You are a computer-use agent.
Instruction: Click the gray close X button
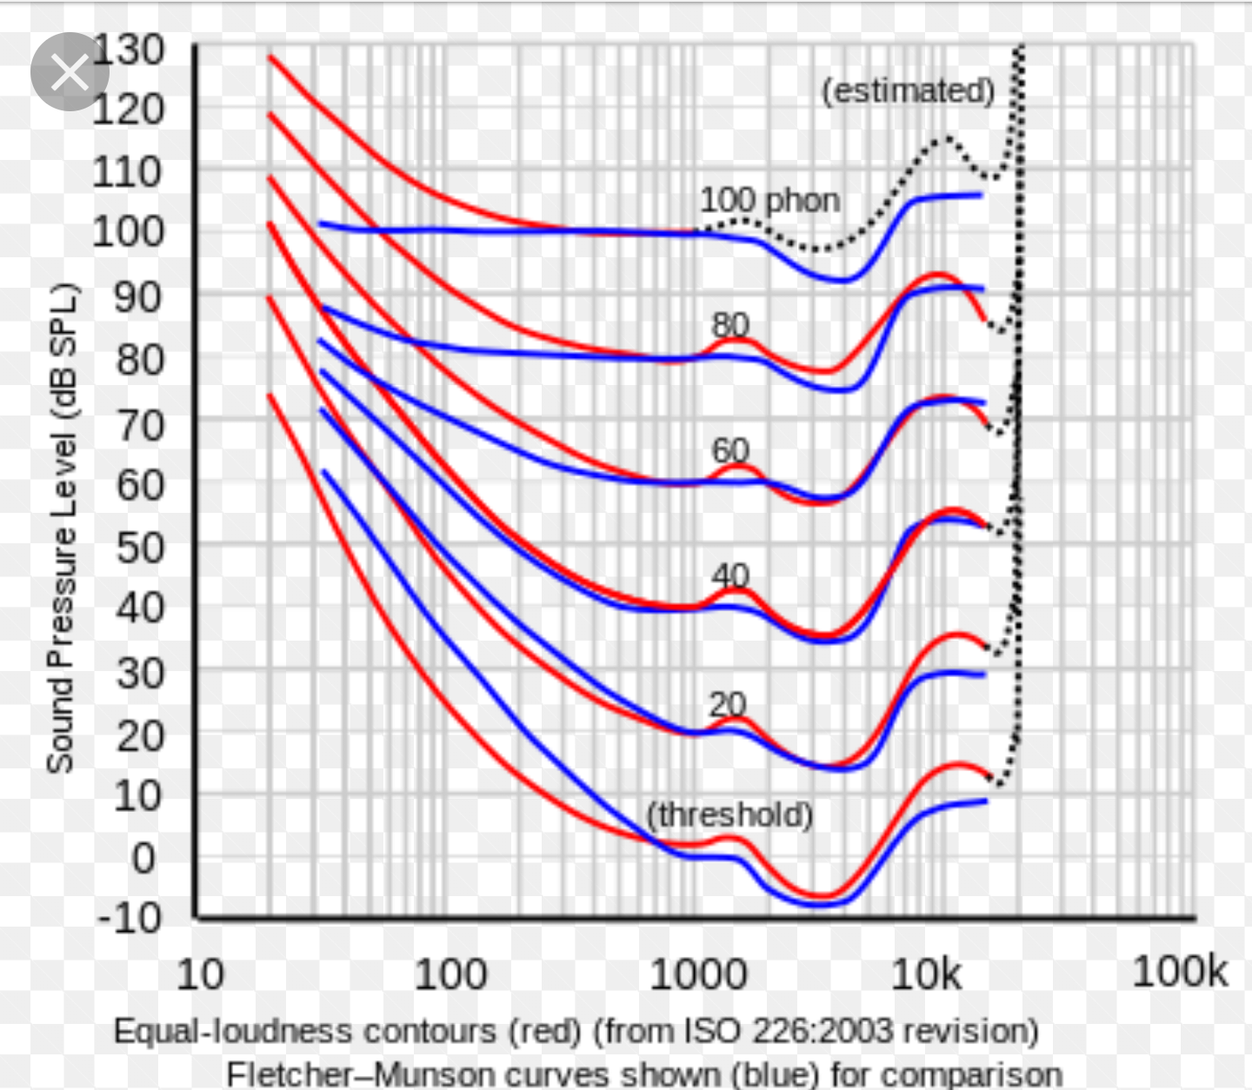tap(70, 72)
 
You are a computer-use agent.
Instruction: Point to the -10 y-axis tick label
tap(130, 918)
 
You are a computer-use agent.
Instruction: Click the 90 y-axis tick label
tap(139, 297)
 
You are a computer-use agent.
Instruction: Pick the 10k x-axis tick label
tap(927, 974)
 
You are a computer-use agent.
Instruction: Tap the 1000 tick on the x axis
tap(698, 974)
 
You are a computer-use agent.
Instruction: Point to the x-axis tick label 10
tap(200, 974)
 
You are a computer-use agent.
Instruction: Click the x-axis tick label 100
tap(450, 974)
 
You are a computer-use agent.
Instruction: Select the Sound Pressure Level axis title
tap(62, 528)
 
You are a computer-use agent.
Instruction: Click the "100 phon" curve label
tap(769, 201)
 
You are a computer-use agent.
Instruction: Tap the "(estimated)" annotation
tap(908, 90)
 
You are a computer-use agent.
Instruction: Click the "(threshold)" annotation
tap(729, 815)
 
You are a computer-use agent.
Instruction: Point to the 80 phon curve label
tap(730, 325)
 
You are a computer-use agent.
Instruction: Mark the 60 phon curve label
tap(730, 450)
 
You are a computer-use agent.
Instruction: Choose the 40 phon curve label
tap(730, 575)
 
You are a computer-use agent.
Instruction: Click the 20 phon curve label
tap(729, 703)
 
